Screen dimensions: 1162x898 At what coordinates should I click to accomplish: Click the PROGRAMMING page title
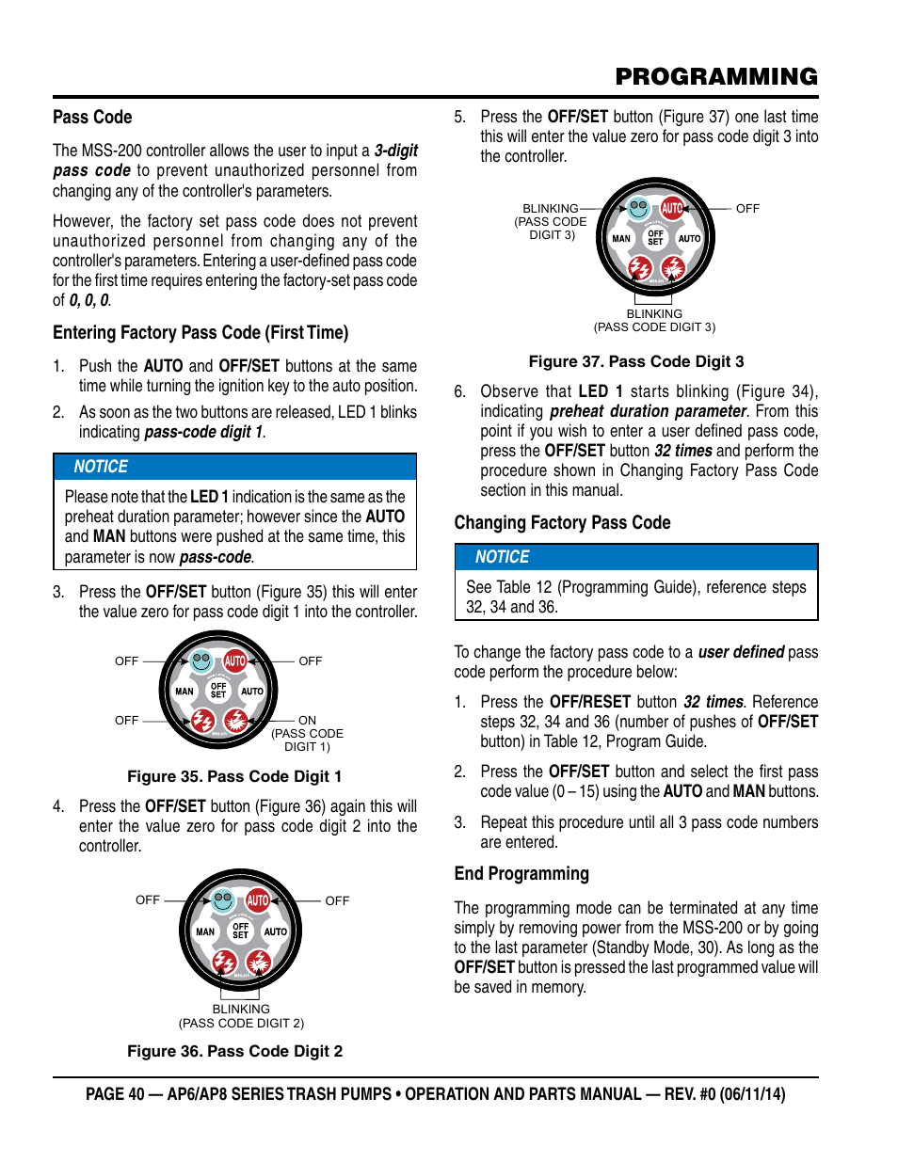coord(716,77)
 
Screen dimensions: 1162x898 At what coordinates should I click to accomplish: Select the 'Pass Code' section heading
coord(92,118)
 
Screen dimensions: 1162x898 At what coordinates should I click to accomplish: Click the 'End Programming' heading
coord(521,874)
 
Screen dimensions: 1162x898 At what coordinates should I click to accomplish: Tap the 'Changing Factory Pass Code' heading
coord(562,523)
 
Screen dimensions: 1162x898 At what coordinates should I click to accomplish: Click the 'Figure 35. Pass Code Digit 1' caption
coord(234,776)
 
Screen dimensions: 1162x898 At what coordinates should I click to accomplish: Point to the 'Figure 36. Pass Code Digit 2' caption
coord(234,1051)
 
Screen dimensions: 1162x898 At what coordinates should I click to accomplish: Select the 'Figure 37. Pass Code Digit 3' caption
coord(635,361)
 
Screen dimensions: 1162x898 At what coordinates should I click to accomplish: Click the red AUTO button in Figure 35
coord(235,661)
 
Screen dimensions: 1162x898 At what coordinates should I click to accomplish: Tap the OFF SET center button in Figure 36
coord(241,931)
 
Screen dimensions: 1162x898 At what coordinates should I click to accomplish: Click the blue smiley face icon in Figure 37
coord(639,207)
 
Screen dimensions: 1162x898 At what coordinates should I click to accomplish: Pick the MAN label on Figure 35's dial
coord(184,692)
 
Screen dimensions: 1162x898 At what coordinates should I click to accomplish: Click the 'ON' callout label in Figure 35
coord(307,720)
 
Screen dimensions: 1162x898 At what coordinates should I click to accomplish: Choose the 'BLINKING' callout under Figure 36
coord(241,1009)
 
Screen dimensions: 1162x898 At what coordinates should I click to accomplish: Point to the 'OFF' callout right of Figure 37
coord(747,208)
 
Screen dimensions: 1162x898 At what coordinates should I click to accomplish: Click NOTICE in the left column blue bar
coord(101,467)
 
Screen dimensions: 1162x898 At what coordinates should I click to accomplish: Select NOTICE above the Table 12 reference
coord(502,557)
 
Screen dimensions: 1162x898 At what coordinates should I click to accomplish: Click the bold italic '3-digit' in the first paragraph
coord(395,151)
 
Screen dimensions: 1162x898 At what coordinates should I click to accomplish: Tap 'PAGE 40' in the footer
coord(115,1094)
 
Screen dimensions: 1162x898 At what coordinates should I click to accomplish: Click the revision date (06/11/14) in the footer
coord(753,1094)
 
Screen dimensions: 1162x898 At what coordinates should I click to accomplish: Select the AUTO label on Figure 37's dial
coord(689,239)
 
